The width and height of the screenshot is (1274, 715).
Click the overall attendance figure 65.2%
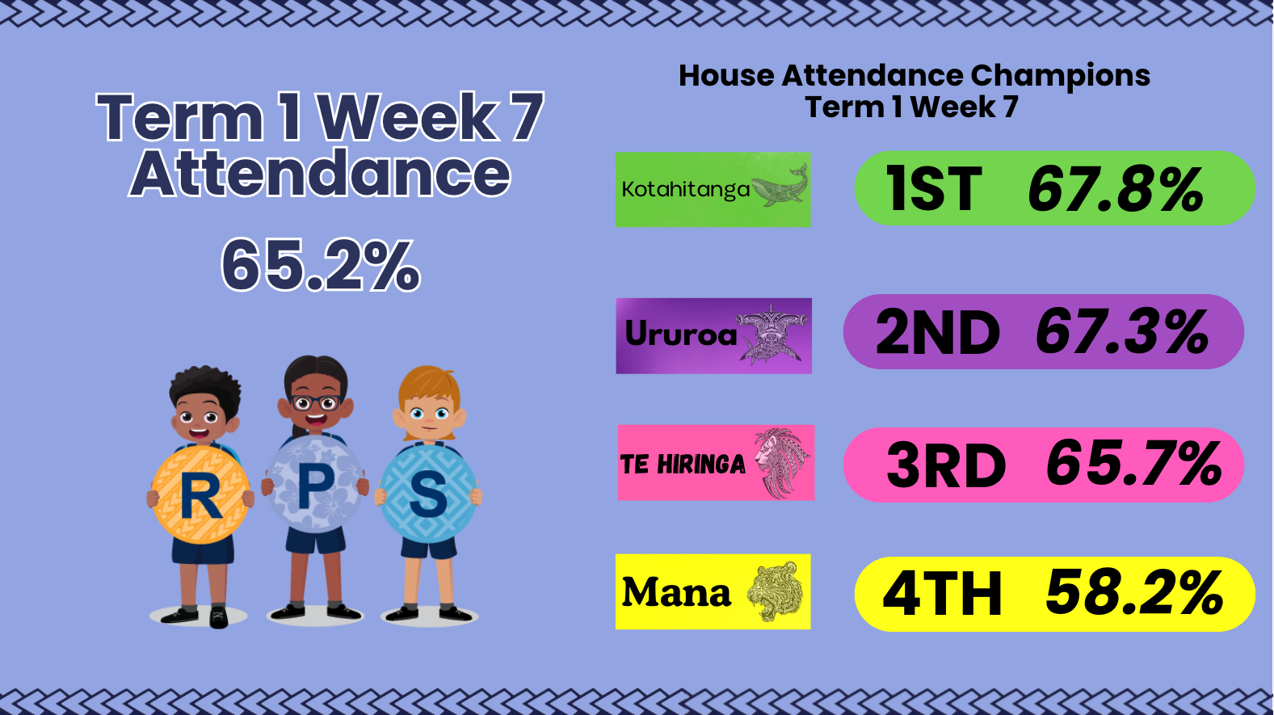click(320, 266)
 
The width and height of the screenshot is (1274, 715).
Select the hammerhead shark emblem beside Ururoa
click(771, 334)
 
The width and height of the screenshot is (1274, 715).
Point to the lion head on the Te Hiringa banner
click(781, 462)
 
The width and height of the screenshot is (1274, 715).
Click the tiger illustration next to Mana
click(774, 591)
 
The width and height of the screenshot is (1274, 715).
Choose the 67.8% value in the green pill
click(1116, 189)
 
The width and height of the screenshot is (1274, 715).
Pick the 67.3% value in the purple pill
click(1122, 332)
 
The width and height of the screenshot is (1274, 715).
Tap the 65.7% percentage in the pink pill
click(1133, 462)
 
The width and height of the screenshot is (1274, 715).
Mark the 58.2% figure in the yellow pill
click(1133, 593)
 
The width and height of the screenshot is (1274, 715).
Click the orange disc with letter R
click(200, 494)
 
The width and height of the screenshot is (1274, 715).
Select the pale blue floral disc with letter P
click(314, 484)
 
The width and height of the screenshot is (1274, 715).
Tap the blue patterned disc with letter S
click(427, 493)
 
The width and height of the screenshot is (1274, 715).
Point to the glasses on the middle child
click(315, 402)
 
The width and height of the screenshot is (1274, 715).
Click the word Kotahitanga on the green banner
click(685, 189)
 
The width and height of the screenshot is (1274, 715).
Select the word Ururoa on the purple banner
click(680, 334)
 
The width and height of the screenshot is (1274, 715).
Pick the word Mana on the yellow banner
click(676, 592)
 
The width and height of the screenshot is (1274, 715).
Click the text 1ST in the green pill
click(934, 189)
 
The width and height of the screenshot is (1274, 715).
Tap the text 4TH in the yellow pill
click(942, 594)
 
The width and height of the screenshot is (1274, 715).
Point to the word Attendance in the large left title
click(320, 172)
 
